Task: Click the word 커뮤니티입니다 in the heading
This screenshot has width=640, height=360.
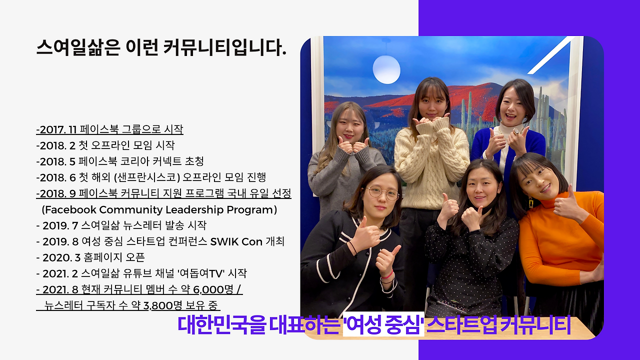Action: point(225,47)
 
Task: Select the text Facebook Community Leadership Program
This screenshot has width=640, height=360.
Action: point(159,209)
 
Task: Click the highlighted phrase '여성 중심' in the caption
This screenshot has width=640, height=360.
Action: point(383,325)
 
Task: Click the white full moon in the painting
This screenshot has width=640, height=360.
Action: point(386,69)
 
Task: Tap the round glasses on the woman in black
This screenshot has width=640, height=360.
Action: point(382,193)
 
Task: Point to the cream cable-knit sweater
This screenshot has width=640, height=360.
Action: point(431,165)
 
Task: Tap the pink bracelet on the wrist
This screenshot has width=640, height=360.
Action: point(387,275)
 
